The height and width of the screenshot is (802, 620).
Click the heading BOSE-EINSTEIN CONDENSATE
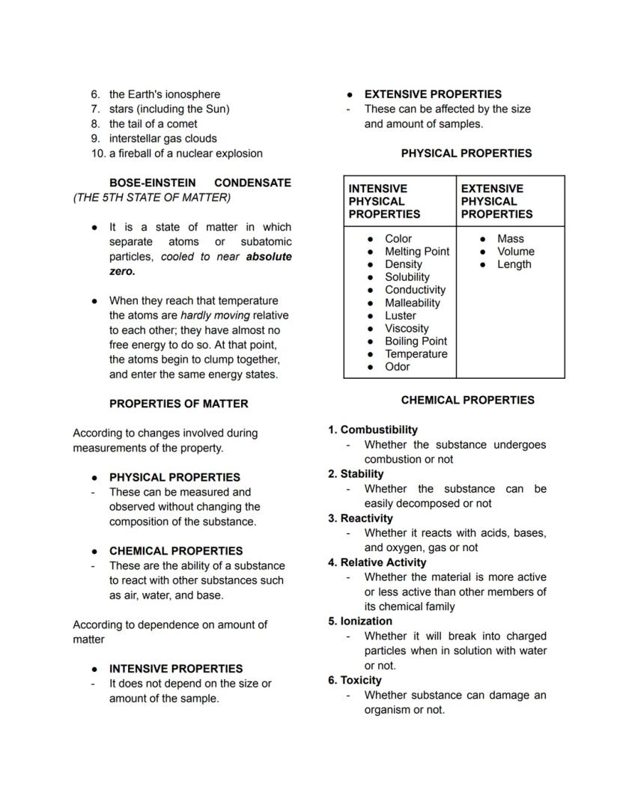[200, 183]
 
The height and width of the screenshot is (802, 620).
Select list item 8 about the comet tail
[153, 124]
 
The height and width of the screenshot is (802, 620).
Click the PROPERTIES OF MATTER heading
[178, 404]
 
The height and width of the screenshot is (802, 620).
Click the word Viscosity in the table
[407, 328]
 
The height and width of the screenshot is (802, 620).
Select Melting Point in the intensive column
[416, 252]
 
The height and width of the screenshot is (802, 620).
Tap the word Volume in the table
[515, 252]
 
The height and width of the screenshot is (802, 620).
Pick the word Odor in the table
[397, 366]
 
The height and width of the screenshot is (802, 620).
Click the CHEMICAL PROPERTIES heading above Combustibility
[467, 400]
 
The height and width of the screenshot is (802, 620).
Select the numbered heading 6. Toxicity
[354, 680]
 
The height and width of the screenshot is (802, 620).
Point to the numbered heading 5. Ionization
[359, 621]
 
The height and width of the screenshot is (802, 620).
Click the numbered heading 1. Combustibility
[372, 430]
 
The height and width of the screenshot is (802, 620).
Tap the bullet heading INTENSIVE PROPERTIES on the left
[175, 669]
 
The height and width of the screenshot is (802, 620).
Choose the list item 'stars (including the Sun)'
[168, 109]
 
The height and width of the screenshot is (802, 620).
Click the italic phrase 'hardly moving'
[215, 315]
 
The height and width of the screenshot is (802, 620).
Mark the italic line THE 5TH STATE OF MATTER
[152, 198]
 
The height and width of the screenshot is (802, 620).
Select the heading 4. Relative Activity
[377, 562]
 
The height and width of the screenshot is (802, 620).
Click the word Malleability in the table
[413, 303]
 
